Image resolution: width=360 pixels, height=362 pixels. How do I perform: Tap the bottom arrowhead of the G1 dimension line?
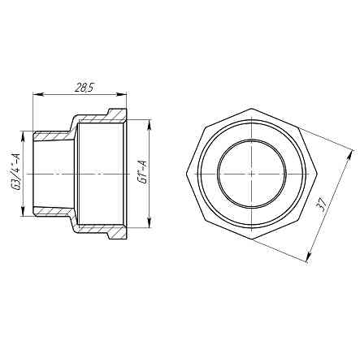[150, 231]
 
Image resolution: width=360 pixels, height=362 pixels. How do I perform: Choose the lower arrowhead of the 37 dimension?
[310, 261]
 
